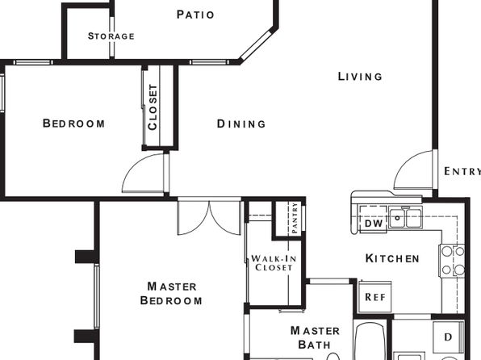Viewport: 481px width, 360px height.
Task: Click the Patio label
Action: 195,15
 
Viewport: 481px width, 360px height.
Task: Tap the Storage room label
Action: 111,36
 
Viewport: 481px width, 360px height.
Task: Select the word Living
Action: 360,77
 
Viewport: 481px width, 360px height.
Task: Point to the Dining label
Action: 241,123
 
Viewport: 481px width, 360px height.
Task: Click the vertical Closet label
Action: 153,107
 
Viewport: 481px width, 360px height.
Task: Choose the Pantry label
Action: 295,218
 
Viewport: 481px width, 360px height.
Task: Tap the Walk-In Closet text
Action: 274,263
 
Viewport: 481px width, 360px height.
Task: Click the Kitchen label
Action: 392,258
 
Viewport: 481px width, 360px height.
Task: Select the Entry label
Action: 462,171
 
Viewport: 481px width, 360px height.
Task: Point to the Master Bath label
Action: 315,337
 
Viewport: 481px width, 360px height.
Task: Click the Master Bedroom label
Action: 171,293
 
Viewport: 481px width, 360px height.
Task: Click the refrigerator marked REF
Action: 375,297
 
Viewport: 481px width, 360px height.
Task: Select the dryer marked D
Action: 448,337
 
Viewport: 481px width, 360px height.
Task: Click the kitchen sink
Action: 405,217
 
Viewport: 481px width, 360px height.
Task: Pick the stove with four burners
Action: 453,261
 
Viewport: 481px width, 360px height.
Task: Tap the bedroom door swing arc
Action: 132,165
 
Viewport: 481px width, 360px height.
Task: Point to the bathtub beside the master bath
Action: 370,341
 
